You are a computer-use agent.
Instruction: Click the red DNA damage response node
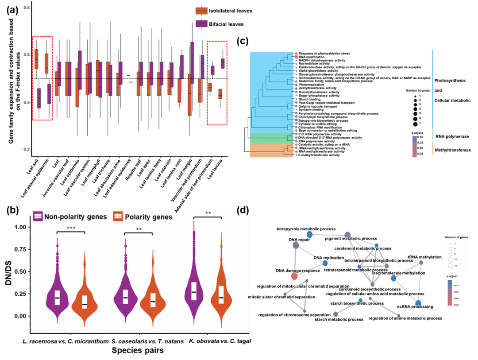click(x=294, y=276)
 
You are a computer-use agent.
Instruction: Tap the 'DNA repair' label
click(x=300, y=240)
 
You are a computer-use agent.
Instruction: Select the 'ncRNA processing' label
click(x=415, y=306)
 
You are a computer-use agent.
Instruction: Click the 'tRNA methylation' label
click(x=424, y=257)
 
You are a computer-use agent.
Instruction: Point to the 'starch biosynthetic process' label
click(x=357, y=304)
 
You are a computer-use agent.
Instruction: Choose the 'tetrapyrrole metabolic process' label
click(x=306, y=229)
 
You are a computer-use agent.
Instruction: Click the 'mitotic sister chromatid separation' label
click(x=281, y=297)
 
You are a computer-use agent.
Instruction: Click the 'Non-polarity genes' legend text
click(x=75, y=217)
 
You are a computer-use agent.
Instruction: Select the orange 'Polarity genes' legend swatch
click(x=118, y=217)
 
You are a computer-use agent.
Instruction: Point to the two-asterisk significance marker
click(x=138, y=229)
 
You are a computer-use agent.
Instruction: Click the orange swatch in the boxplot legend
click(x=202, y=11)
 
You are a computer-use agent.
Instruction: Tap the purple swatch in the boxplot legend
click(x=202, y=23)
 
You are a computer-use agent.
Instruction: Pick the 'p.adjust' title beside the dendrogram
click(x=417, y=132)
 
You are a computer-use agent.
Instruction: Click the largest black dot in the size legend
click(x=415, y=124)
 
